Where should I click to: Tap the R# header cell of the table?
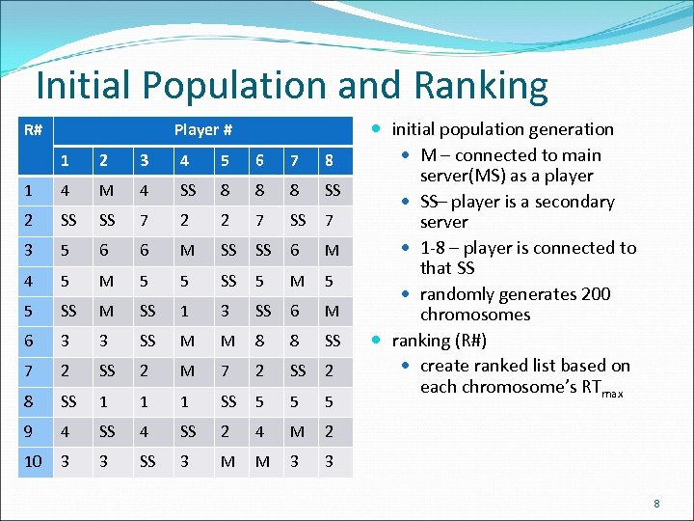32,129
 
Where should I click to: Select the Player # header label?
202,129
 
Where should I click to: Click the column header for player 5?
225,160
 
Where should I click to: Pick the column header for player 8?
330,160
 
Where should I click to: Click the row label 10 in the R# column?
33,461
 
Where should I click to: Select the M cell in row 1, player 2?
107,190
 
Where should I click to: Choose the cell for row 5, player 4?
184,311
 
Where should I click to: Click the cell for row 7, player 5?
225,371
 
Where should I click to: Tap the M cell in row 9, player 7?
297,431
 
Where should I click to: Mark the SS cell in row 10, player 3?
147,461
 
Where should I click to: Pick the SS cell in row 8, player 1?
68,401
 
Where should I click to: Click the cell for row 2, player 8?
330,220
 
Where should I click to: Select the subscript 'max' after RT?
612,393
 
